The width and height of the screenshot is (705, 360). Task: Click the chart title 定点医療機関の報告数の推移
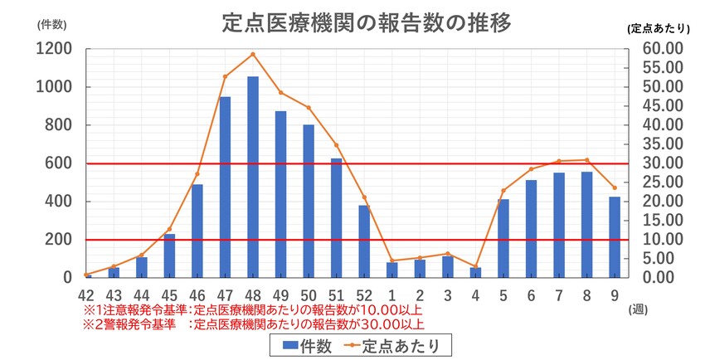pos(366,22)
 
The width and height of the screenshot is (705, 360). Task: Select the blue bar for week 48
pos(253,178)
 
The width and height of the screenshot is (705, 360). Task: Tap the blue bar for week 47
pos(225,187)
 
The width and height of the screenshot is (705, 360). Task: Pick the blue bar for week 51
pos(337,218)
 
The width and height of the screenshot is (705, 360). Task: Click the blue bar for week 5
pos(503,239)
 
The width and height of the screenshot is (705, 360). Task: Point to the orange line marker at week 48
pos(253,55)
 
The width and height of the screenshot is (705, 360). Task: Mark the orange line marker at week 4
pos(476,266)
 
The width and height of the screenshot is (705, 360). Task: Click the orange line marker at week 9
pos(615,187)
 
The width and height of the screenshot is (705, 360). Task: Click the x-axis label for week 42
pos(86,295)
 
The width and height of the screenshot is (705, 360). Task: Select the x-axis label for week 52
pos(364,295)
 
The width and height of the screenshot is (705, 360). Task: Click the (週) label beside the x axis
pos(638,309)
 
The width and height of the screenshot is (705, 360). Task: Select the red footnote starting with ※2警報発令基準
pos(253,324)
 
